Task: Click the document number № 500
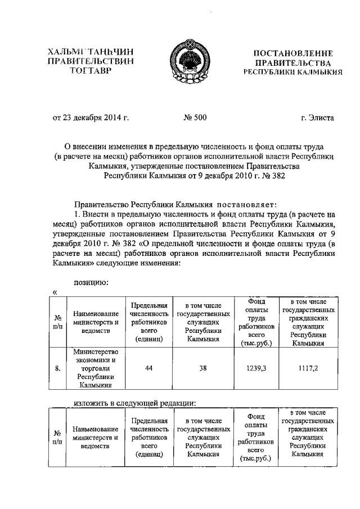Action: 194,118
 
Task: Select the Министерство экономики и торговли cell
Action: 94,368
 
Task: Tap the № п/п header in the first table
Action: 57,322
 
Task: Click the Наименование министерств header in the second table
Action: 94,438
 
